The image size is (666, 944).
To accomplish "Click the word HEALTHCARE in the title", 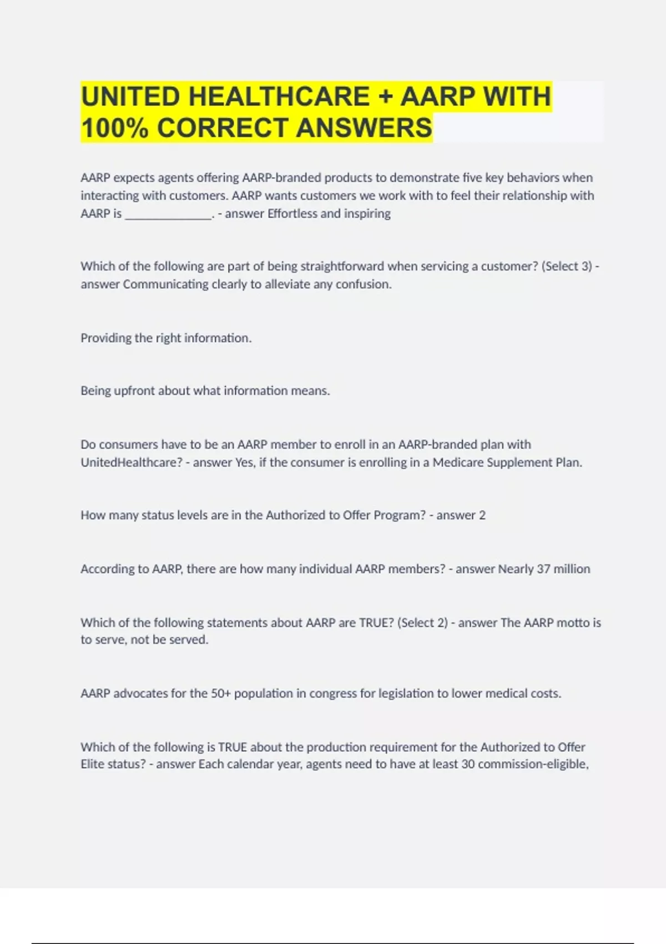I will [279, 97].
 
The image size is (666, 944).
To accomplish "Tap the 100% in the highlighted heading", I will [115, 128].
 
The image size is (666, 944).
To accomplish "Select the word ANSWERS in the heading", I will [364, 128].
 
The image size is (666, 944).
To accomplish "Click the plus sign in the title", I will [385, 97].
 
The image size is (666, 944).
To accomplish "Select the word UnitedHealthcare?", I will [132, 463].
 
